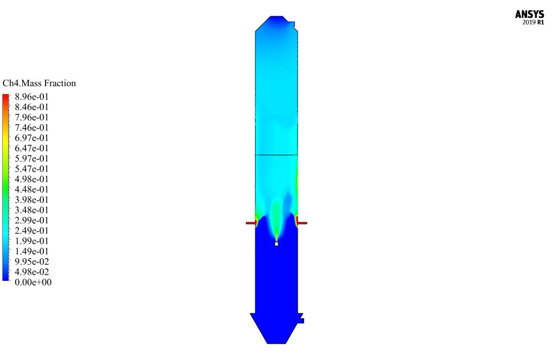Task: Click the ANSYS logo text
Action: (529, 14)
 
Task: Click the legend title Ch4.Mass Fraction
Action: (39, 83)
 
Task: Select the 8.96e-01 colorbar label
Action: (31, 97)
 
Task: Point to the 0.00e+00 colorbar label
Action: (33, 282)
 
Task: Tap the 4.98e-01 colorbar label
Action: (31, 179)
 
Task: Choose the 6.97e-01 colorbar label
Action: (31, 138)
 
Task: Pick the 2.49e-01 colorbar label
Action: (31, 230)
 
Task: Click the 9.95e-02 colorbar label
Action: (32, 262)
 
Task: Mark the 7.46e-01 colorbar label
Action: (31, 127)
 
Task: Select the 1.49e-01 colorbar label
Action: (31, 252)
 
